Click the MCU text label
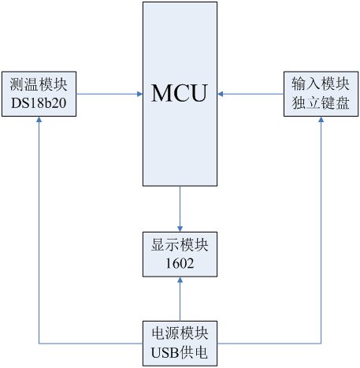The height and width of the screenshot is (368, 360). pyautogui.click(x=180, y=93)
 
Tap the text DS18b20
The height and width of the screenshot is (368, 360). pyautogui.click(x=39, y=102)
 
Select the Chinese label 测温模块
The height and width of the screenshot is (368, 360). pyautogui.click(x=39, y=84)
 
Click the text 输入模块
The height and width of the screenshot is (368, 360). pyautogui.click(x=321, y=84)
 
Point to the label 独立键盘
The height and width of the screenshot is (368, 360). pyautogui.click(x=321, y=102)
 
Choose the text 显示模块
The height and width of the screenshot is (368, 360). pyautogui.click(x=180, y=245)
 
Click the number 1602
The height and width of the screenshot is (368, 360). pyautogui.click(x=180, y=263)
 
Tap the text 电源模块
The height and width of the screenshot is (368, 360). pyautogui.click(x=180, y=333)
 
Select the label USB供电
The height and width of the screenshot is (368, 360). pyautogui.click(x=180, y=352)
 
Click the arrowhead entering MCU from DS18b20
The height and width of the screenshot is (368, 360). pyautogui.click(x=140, y=94)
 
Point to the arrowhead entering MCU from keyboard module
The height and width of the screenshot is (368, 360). pyautogui.click(x=221, y=94)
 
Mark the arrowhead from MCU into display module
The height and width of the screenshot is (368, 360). pyautogui.click(x=180, y=229)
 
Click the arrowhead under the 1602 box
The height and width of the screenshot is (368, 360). pyautogui.click(x=180, y=281)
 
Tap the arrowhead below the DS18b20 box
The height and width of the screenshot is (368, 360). pyautogui.click(x=39, y=120)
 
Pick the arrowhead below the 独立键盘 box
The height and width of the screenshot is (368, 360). pyautogui.click(x=321, y=120)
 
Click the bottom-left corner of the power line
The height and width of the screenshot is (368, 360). pyautogui.click(x=39, y=344)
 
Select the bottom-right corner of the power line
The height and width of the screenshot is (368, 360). pyautogui.click(x=321, y=344)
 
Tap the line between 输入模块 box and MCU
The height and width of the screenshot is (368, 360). pyautogui.click(x=251, y=94)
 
